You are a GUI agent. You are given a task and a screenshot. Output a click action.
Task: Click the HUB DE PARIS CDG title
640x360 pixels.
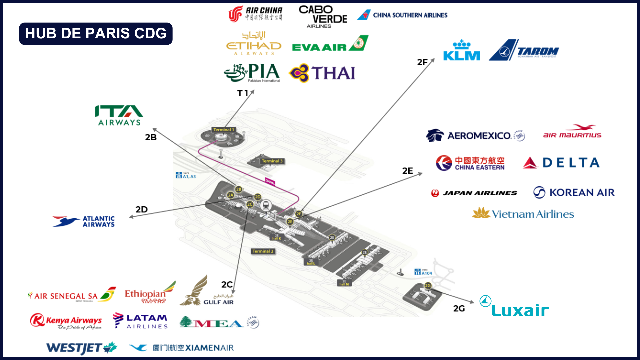point(96,34)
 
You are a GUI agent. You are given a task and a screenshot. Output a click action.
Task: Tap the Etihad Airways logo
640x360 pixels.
point(254,44)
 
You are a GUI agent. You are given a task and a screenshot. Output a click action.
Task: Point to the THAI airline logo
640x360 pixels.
point(322,73)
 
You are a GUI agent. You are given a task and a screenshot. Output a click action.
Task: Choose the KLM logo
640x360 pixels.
point(462,51)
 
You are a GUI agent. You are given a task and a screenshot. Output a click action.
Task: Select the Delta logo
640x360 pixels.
point(561,163)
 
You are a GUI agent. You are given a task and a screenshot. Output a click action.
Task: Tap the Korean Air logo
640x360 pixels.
point(574,192)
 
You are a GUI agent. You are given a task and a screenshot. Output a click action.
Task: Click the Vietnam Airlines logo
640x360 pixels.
point(523,213)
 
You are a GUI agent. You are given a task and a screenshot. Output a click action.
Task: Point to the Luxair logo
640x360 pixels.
point(514,307)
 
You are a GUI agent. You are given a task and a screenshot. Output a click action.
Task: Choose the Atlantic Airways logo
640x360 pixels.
point(84,222)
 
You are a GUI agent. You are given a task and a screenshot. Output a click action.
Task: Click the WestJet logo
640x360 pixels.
point(82,348)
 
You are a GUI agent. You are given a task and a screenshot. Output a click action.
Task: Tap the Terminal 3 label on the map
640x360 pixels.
point(272,161)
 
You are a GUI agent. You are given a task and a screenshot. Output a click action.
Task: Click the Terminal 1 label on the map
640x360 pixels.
point(224,130)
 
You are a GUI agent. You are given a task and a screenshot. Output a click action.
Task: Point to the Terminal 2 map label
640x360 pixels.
point(263,251)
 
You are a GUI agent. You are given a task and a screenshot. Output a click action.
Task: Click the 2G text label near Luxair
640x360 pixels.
point(459,309)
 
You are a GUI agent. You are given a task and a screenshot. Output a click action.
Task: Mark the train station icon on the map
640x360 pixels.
point(266,205)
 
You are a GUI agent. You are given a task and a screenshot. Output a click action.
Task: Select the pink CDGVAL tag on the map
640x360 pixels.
point(270,182)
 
